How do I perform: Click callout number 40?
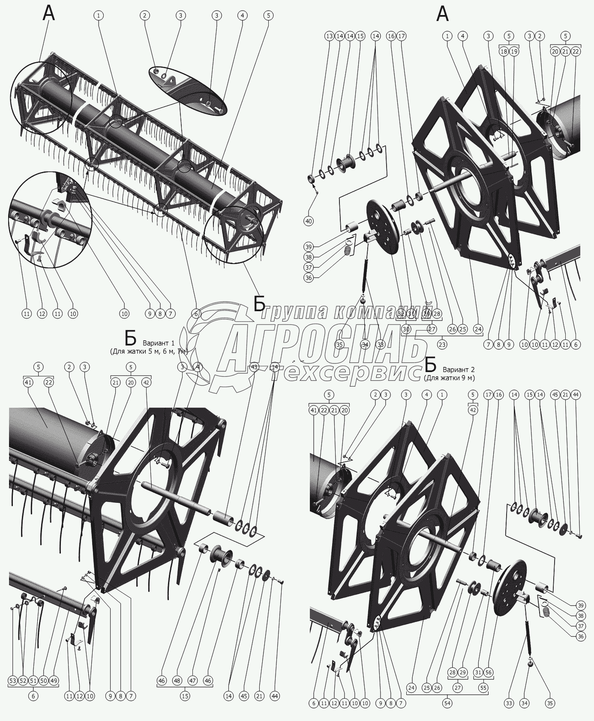coord(309,221)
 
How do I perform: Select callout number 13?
coord(329,36)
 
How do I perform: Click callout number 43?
coord(254,367)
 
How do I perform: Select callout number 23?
coord(442,344)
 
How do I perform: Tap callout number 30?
coord(406,329)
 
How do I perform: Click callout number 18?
coord(504,51)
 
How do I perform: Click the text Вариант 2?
coord(459,370)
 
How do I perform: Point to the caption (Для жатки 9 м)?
coord(449,378)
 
